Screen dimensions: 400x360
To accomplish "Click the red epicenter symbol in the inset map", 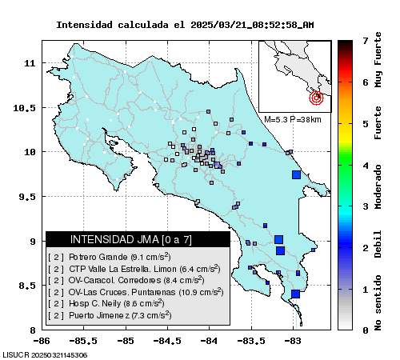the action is point(317,98).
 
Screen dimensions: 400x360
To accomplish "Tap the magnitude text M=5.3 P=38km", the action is point(293,119).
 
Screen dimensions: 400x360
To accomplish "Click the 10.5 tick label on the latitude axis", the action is point(24,108).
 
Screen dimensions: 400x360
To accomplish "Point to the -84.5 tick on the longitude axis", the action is point(167,341).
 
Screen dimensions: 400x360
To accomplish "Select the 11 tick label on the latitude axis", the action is point(30,63).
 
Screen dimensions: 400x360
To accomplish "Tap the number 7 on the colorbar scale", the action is point(366,41).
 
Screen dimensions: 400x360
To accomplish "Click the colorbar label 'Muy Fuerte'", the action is point(378,60).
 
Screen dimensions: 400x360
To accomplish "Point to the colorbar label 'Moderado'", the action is point(378,186).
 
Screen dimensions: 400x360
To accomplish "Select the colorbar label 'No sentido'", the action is point(378,302).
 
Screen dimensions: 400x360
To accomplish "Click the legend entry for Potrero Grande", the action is point(110,257).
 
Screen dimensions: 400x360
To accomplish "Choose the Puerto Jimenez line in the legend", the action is point(110,315).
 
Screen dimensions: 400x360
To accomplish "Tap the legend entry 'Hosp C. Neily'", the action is point(106,303).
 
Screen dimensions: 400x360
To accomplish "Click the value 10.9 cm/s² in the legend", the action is point(201,292).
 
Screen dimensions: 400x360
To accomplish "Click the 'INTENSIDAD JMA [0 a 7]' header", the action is point(131,239).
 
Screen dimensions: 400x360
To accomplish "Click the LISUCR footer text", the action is point(45,355).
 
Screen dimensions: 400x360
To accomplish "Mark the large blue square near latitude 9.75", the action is point(296,175).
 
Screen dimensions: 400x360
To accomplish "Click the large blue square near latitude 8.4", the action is point(295,294).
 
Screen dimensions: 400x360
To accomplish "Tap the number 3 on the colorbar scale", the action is point(366,206).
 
